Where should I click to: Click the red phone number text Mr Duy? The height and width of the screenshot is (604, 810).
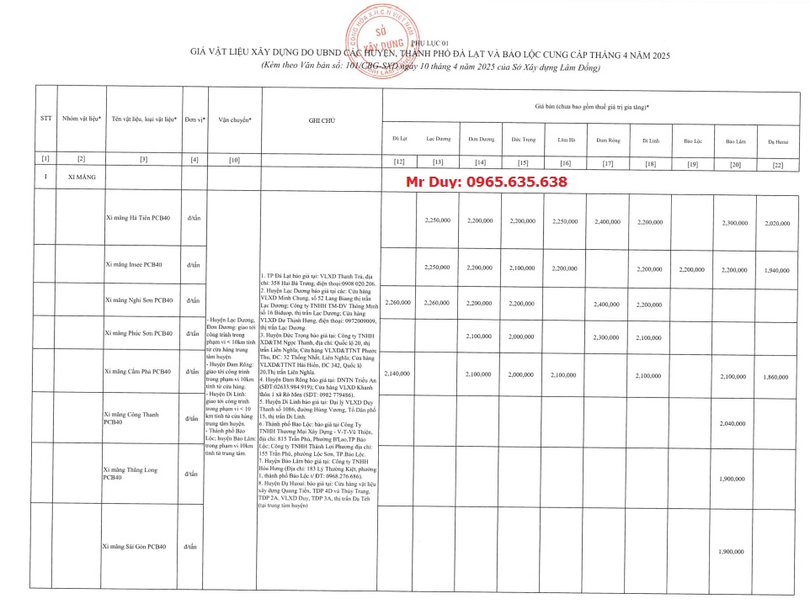[x=487, y=182]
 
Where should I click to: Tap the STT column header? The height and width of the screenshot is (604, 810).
[x=46, y=119]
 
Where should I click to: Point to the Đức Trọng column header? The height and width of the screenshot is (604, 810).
[x=523, y=139]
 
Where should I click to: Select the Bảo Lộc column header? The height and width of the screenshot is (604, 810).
[x=692, y=140]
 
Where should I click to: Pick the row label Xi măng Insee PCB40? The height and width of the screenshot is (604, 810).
[x=134, y=265]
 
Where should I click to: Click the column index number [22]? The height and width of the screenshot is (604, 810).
[x=776, y=164]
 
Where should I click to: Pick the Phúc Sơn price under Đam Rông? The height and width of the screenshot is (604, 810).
[x=606, y=337]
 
